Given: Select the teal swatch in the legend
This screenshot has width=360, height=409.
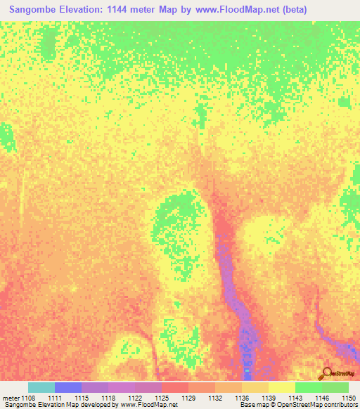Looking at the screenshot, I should point(41,387).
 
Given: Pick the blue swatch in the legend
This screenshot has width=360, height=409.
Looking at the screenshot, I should point(68,387).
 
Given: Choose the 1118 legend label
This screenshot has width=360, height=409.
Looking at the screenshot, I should point(108,398).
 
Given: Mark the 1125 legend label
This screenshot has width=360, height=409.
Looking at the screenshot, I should point(162,398).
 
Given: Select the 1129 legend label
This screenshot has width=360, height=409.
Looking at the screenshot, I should point(188,398).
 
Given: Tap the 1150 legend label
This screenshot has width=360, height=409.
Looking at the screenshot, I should point(349,398).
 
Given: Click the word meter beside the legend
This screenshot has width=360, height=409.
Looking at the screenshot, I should point(10,398).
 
